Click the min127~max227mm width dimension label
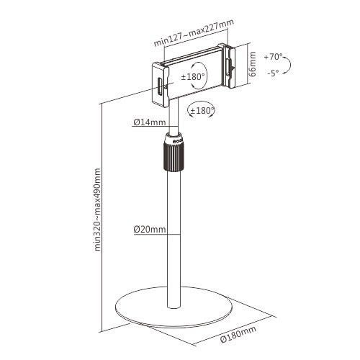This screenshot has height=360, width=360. pyautogui.click(x=194, y=32)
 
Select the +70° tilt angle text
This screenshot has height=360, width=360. pyautogui.click(x=273, y=58)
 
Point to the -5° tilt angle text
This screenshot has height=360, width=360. pyautogui.click(x=274, y=73)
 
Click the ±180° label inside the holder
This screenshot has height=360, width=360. pyautogui.click(x=193, y=77)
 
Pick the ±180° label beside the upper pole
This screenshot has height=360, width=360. pyautogui.click(x=202, y=111)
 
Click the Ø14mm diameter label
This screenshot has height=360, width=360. pyautogui.click(x=150, y=122)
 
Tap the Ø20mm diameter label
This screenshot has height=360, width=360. pyautogui.click(x=150, y=229)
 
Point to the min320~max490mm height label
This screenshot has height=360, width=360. pyautogui.click(x=97, y=210)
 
